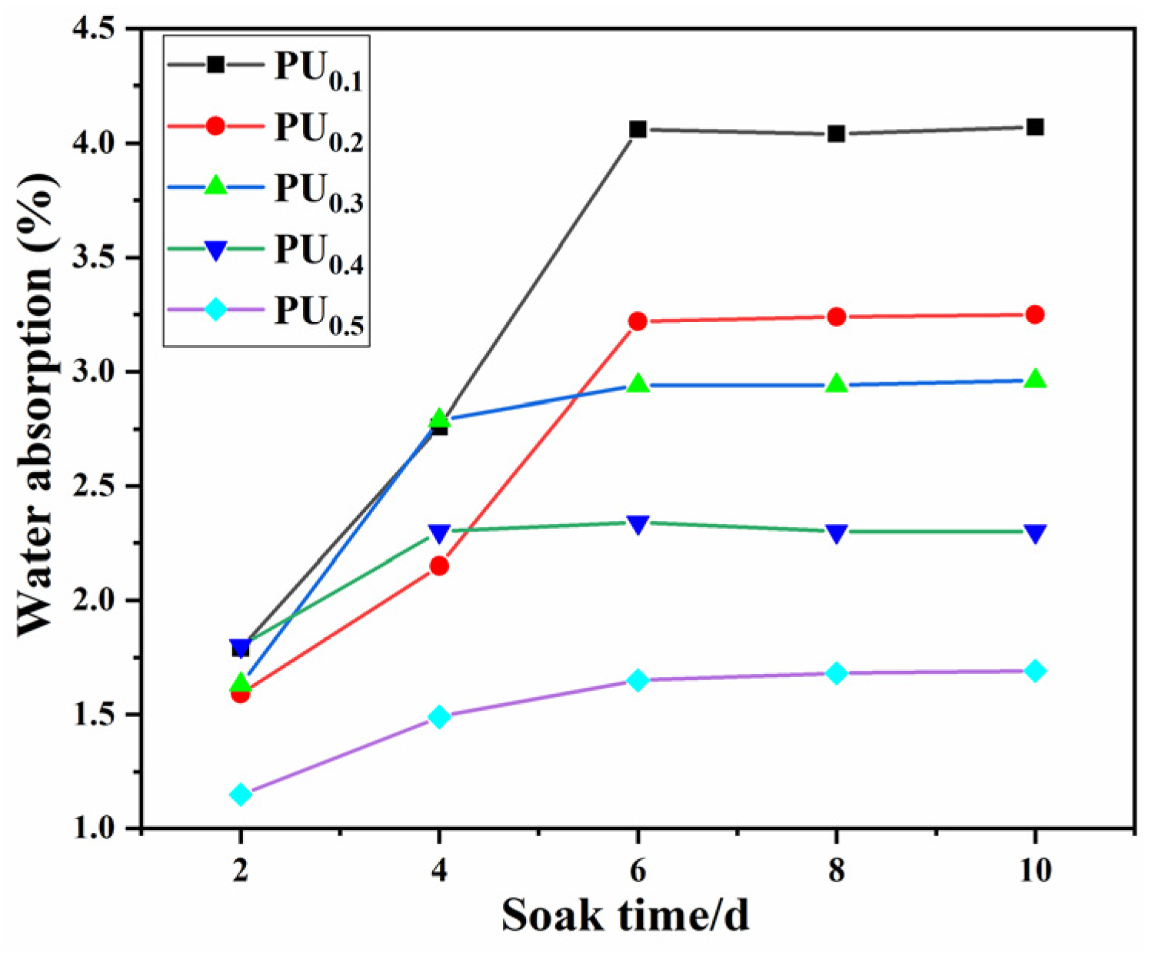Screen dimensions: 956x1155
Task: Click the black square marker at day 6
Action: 637,129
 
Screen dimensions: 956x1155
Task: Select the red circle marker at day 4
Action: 439,566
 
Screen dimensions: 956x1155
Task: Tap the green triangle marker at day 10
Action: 1035,379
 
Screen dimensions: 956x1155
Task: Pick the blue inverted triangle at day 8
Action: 837,533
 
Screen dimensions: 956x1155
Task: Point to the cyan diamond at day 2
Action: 241,794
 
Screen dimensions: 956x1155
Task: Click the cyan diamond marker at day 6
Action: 637,680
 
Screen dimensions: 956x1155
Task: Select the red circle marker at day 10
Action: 1035,314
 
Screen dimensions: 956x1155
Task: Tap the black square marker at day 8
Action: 837,134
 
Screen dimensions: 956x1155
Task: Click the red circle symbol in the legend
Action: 216,125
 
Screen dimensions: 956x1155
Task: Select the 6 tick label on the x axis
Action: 637,871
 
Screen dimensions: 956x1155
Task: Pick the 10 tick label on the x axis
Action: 1035,871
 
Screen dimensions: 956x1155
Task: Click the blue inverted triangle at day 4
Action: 439,533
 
